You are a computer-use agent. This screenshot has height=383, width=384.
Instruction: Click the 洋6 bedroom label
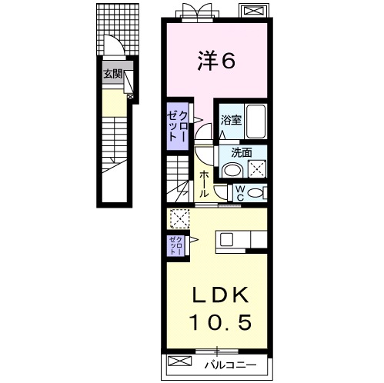coord(216,61)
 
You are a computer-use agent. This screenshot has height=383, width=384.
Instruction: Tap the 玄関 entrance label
coord(112,74)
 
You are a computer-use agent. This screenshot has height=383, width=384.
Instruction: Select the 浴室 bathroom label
coord(231,120)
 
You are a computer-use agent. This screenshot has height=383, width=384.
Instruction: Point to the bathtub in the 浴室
coord(255,122)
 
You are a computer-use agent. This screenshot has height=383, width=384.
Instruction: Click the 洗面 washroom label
coord(241,153)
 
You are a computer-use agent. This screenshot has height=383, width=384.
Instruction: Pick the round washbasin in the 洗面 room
coord(232,170)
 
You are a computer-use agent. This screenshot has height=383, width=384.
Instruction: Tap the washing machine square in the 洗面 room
coord(257,168)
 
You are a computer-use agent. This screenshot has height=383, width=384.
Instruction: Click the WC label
coord(239,193)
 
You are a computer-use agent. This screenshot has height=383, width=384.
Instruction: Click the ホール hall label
coord(204,184)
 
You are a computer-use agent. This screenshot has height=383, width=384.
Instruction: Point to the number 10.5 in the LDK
coord(220,322)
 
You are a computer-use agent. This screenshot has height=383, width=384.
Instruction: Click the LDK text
coord(220,295)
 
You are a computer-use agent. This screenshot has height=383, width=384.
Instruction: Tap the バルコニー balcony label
coord(230,365)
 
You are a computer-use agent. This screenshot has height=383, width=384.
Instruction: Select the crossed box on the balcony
coord(179,361)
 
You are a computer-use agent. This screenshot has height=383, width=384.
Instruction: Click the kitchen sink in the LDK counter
coord(226,240)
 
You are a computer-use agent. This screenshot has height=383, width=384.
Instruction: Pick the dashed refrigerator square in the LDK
coord(180,218)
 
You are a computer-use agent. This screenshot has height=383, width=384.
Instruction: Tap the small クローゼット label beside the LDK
coord(176,245)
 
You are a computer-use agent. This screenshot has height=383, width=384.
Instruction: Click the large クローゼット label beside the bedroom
coord(177,126)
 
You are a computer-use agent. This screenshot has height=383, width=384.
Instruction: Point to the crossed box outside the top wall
coord(254,11)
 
